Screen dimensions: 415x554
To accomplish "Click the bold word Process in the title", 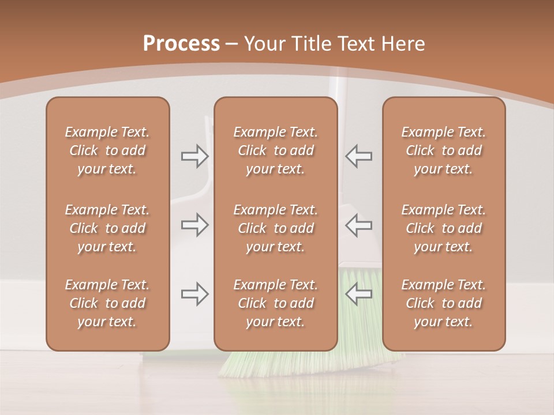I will coord(181,44).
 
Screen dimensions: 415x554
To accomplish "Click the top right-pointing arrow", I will coord(194,156).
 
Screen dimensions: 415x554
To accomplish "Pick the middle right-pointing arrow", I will coord(194,225).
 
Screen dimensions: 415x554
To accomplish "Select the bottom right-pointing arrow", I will coord(194,294).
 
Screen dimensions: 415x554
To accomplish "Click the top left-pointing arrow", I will coord(358,156).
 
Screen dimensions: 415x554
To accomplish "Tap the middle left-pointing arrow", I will coord(358,225).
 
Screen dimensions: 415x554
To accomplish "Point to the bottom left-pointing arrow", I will coord(358,294).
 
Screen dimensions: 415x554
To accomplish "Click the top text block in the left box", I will coord(107,150).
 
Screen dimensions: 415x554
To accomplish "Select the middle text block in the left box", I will coord(107,228).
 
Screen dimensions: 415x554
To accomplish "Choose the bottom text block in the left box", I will coord(107,303).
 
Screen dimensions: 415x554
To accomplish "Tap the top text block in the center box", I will coord(275,150).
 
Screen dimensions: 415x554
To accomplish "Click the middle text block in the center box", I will coord(275,228).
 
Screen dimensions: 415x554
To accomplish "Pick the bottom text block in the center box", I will coord(275,303).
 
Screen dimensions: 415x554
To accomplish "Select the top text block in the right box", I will coord(443,150).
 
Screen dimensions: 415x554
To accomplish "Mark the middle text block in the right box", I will coord(443,228).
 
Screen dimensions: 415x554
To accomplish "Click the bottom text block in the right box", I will coord(443,303).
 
